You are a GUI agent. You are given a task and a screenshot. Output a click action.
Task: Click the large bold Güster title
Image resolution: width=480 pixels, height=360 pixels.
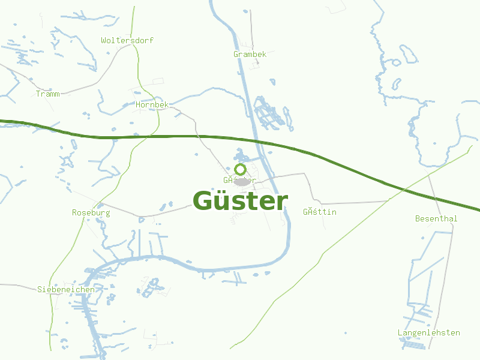click(x=240, y=201)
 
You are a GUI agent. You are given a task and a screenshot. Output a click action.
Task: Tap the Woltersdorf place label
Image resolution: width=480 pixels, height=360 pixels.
click(x=127, y=40)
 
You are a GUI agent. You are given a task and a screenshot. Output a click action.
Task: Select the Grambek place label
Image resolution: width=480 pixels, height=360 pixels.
click(x=250, y=54)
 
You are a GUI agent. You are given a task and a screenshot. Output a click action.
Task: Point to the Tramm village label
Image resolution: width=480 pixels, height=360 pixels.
click(x=48, y=94)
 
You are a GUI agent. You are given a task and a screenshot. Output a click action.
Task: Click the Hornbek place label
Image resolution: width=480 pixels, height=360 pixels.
click(x=152, y=104)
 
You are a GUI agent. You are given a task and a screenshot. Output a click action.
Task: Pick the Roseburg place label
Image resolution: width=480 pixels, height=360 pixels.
click(x=91, y=212)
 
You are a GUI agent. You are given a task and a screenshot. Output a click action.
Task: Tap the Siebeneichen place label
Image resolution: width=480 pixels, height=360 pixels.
click(x=66, y=289)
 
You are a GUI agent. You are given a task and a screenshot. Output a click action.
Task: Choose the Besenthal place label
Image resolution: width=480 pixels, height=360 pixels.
click(x=436, y=218)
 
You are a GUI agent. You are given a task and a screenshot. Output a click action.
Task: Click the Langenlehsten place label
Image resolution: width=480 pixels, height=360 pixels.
click(x=429, y=332)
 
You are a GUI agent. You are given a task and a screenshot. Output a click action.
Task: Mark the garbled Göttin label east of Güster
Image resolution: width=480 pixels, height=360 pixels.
click(x=320, y=212)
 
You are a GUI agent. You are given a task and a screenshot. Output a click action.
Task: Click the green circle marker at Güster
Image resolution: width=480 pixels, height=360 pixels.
click(x=241, y=169)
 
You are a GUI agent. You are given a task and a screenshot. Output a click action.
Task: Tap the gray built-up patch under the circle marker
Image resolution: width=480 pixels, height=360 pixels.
click(x=242, y=181)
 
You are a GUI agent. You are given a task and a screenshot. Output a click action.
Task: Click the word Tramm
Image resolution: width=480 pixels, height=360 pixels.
click(x=48, y=94)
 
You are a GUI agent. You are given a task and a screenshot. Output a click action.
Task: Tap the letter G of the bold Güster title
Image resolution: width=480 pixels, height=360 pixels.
click(x=204, y=201)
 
